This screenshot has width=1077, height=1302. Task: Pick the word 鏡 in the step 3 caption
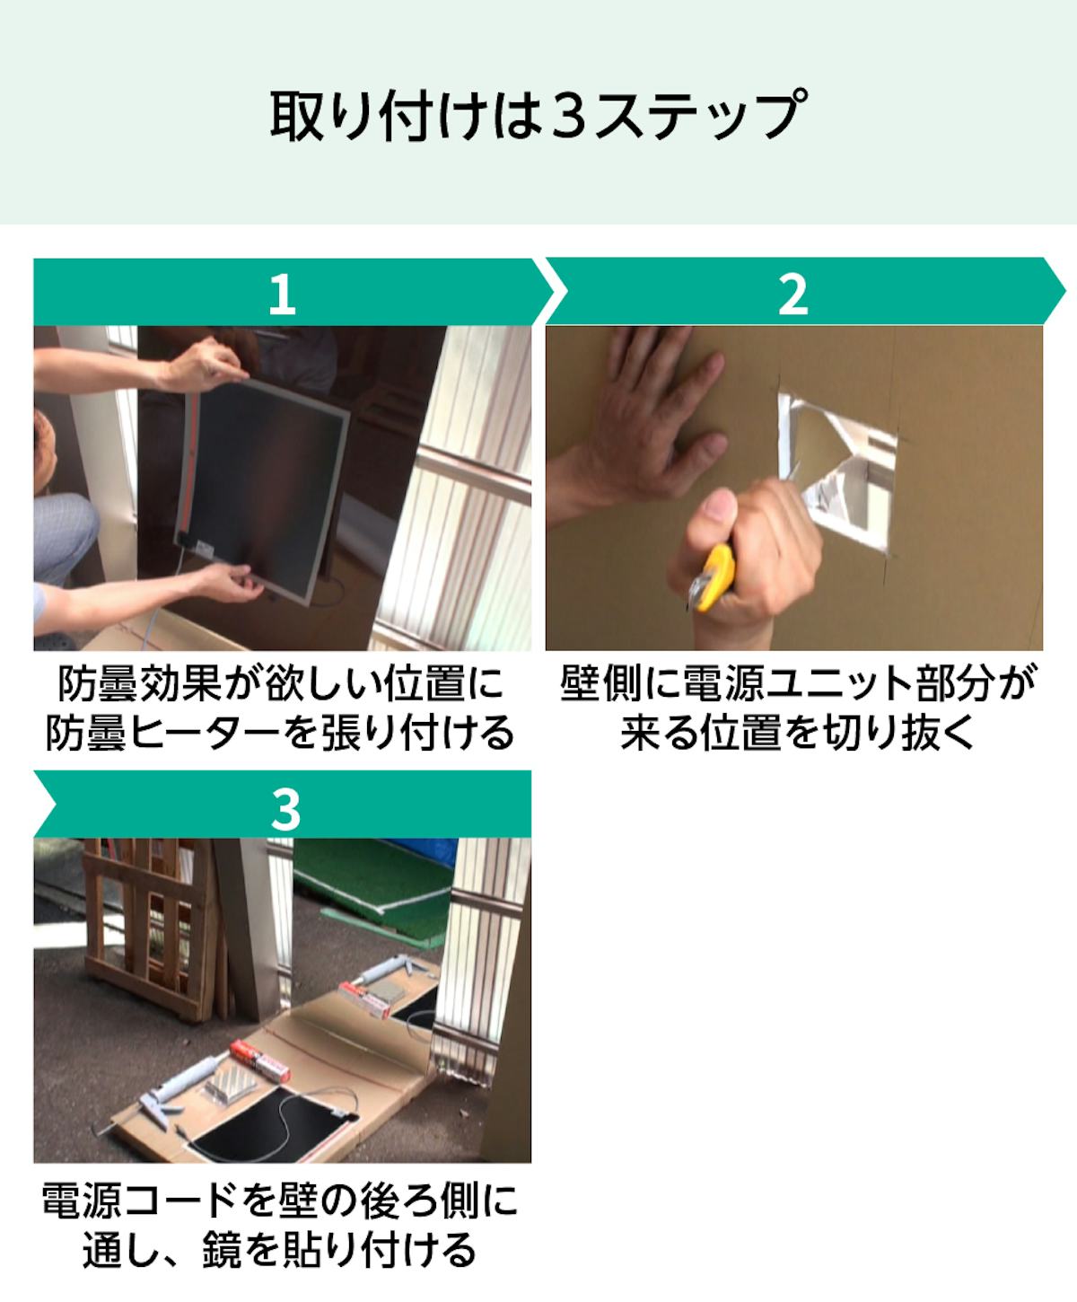tap(222, 1249)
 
